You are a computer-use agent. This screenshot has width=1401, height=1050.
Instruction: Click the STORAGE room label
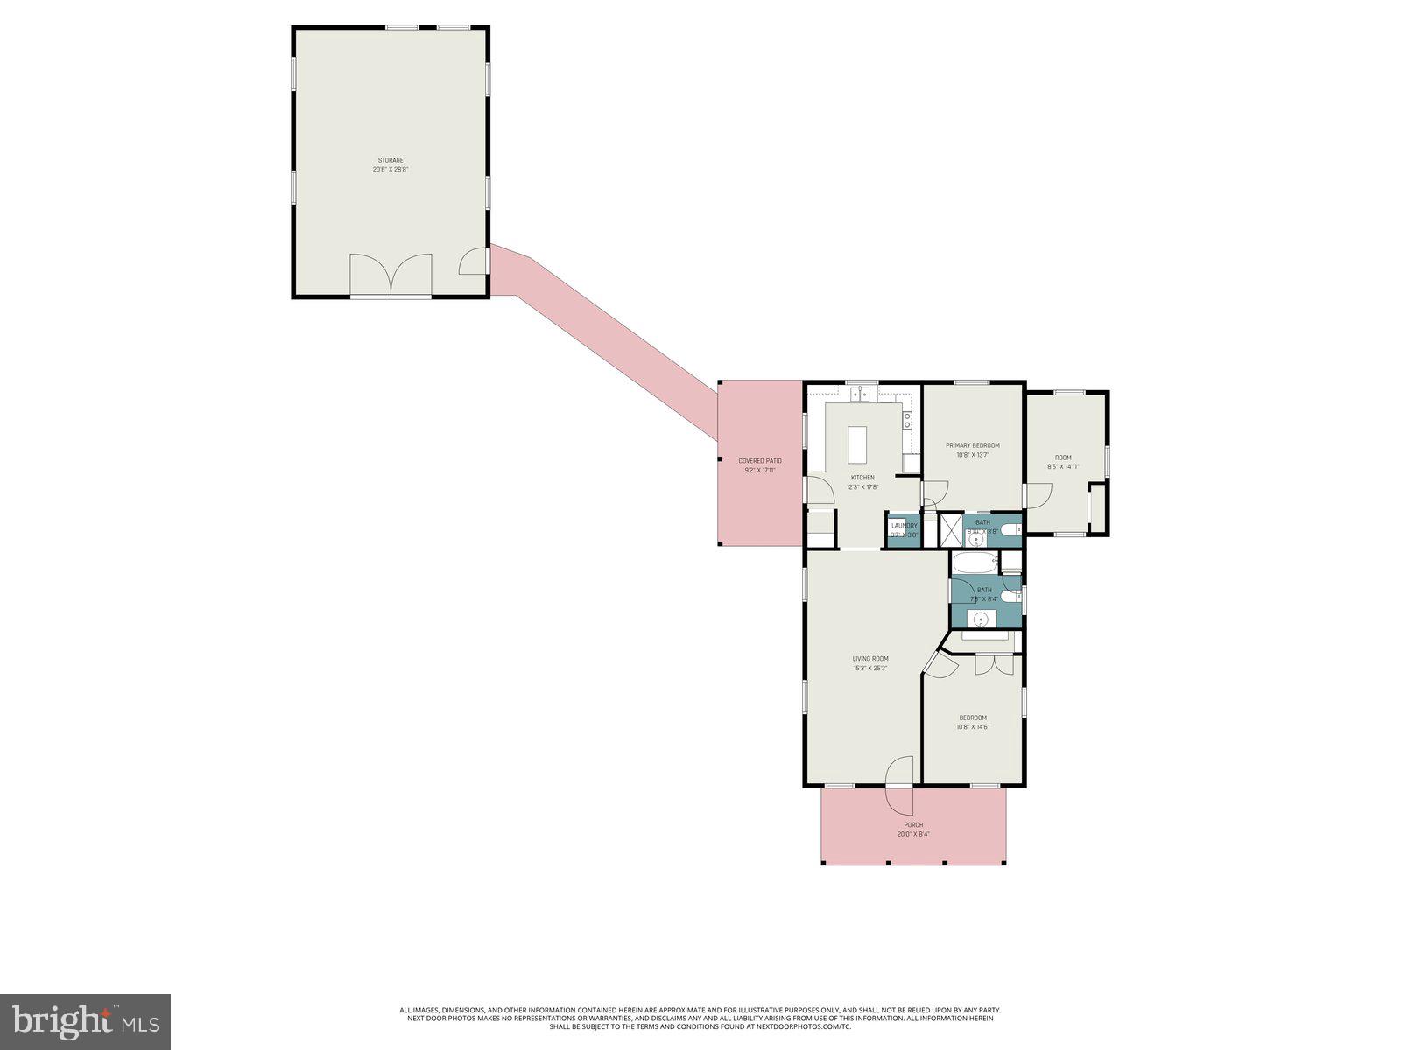point(391,160)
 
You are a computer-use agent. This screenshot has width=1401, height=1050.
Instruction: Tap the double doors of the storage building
point(391,275)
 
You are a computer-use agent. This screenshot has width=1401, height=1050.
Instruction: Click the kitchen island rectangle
point(858,447)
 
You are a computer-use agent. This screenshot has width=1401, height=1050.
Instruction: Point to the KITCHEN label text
point(862,478)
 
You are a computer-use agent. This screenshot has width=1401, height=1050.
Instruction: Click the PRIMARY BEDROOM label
point(972,445)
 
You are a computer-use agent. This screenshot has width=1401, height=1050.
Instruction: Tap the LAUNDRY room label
point(904,526)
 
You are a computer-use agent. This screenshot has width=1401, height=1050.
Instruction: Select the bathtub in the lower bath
point(974,563)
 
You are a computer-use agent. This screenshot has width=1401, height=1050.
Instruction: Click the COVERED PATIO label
point(759,461)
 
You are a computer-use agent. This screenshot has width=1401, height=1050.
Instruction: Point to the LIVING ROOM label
point(870,659)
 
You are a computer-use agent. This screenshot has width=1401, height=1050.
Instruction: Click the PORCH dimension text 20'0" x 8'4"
point(912,834)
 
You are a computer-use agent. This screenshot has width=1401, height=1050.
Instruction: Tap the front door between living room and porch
point(898,784)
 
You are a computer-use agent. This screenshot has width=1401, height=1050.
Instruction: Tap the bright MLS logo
point(85,1021)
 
